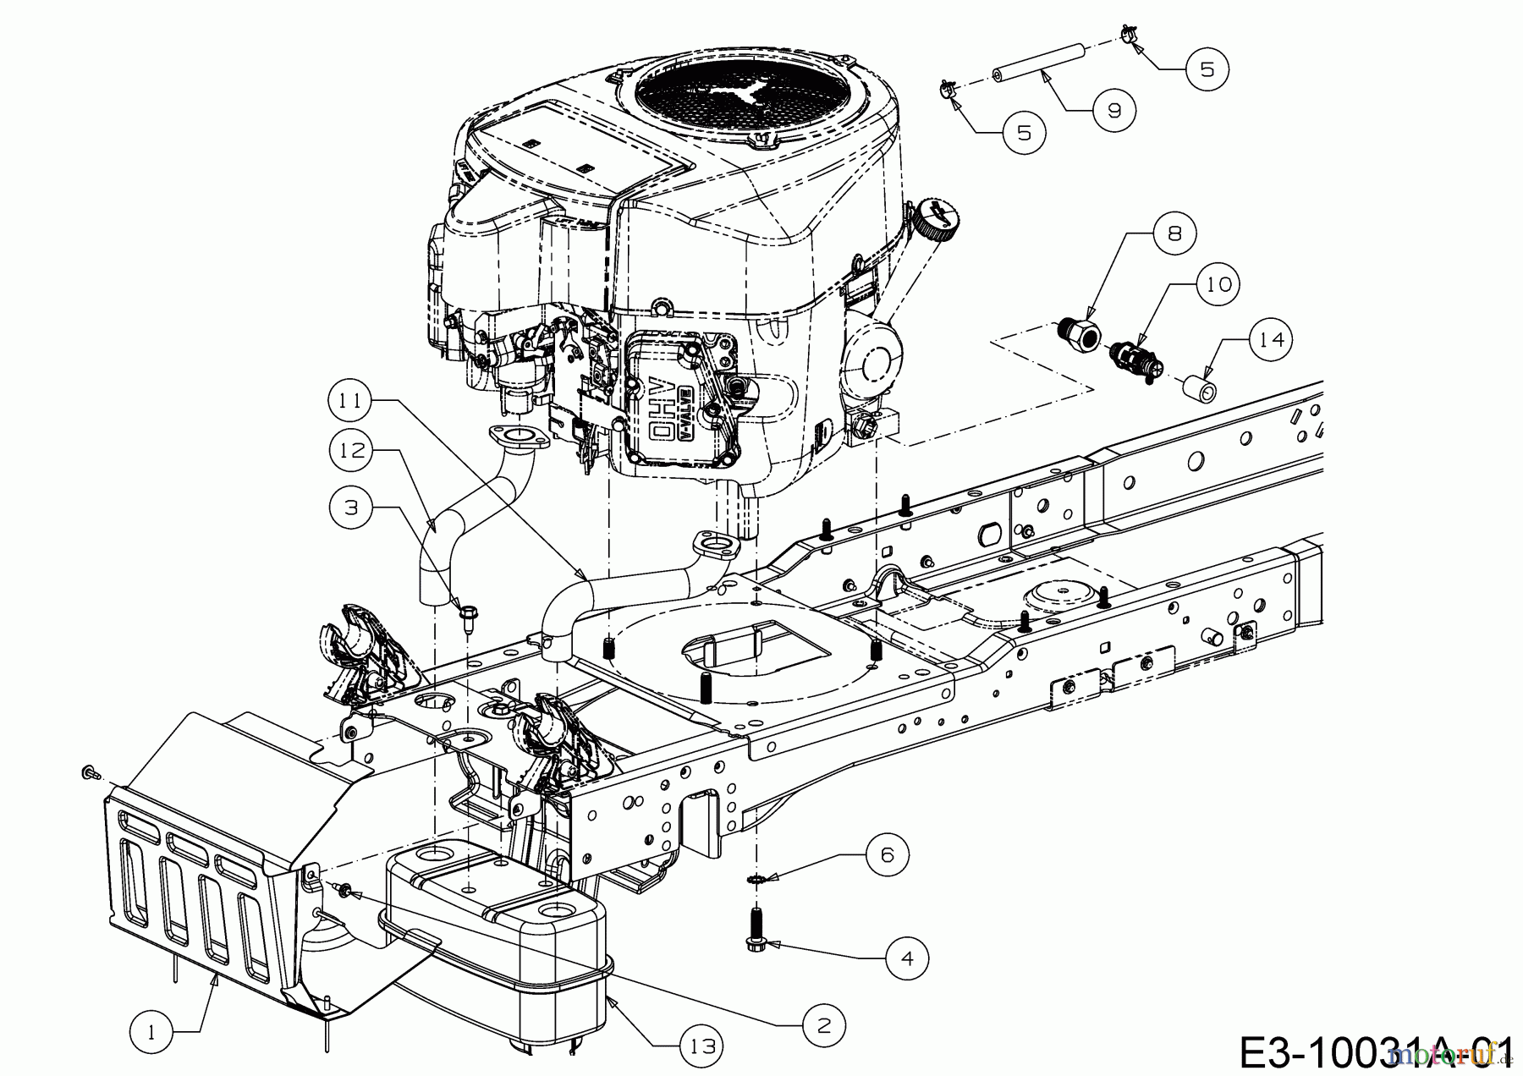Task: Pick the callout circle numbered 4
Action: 908,958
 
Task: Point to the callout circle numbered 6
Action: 887,855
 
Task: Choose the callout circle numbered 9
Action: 1113,110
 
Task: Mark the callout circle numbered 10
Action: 1219,285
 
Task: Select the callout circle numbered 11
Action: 352,400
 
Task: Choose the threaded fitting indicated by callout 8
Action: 1079,334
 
